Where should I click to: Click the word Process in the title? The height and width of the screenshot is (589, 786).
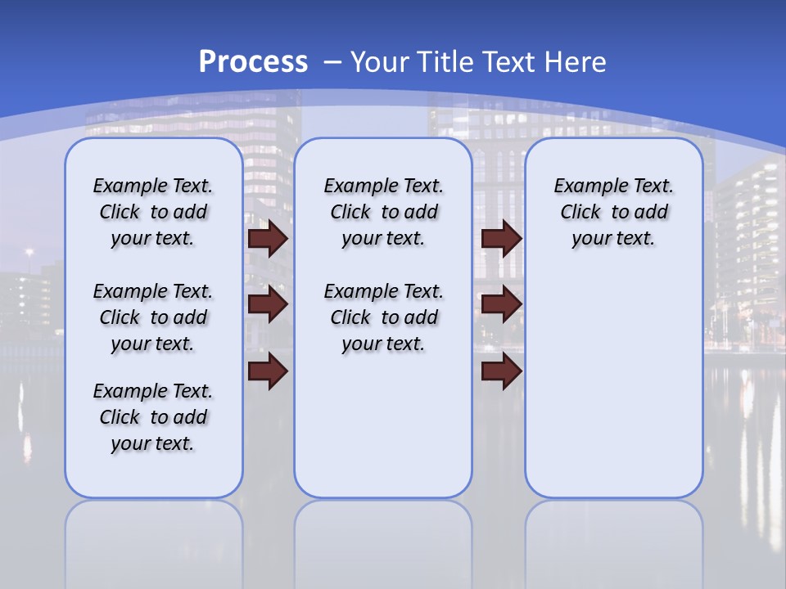point(253,62)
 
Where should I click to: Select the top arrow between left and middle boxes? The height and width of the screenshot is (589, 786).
point(267,239)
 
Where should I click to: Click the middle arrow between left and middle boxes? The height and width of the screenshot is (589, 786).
point(267,304)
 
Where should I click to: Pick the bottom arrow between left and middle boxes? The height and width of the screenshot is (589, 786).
point(267,371)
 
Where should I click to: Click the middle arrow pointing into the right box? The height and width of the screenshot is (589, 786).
point(501,304)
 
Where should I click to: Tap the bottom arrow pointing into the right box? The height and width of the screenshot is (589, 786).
point(501,371)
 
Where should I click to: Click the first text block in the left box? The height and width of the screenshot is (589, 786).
point(153,212)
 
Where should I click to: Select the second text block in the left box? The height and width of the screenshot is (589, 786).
point(153,317)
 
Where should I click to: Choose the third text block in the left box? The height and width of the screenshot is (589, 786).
point(153,417)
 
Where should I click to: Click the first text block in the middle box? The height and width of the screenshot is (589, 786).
point(383,212)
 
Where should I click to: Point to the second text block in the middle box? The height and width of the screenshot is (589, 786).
point(383,317)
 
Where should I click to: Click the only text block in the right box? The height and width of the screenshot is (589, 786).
point(613,212)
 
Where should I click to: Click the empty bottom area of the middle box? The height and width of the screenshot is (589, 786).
point(383,434)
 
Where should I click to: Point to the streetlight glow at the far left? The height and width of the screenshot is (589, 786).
point(29,253)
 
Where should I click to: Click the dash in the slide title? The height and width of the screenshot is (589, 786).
point(332,62)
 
